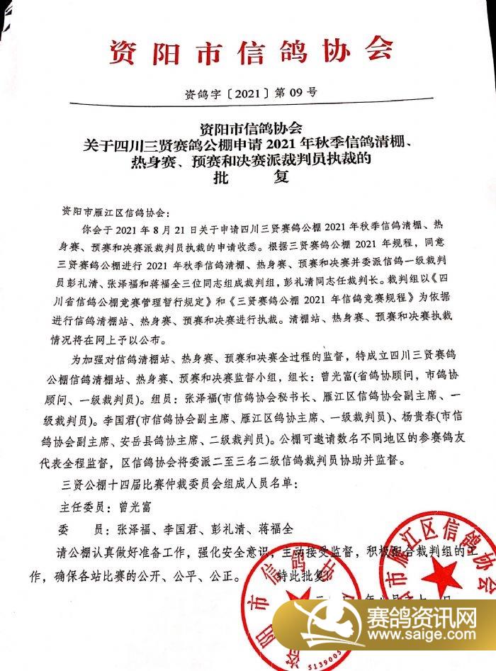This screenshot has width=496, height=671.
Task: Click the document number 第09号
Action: coord(291,91)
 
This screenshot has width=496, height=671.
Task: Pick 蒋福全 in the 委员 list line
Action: coord(269,529)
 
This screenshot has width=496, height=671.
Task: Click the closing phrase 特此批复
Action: coord(303,575)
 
